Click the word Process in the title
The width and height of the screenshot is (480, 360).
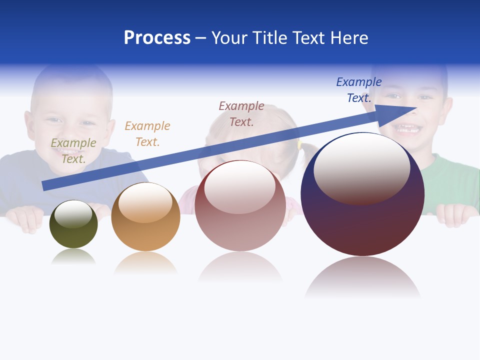click(x=157, y=38)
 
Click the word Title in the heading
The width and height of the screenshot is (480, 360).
click(x=270, y=38)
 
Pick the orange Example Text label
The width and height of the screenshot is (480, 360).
click(x=147, y=134)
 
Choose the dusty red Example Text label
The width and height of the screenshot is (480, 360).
click(x=241, y=114)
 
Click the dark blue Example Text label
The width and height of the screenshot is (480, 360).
click(x=358, y=90)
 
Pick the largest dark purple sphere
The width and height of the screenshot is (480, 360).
click(x=362, y=225)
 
